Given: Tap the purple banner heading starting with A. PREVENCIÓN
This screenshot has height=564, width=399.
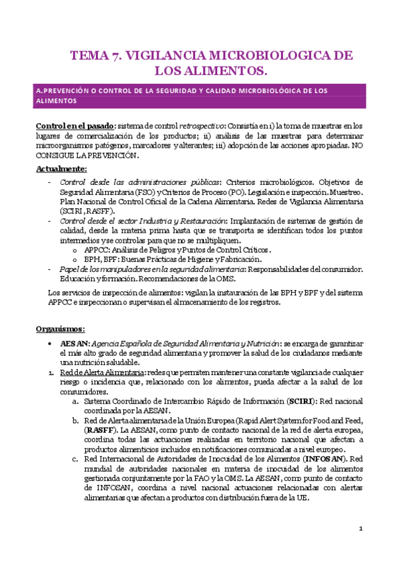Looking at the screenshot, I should [199, 95].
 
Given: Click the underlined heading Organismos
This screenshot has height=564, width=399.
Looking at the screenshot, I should [60, 329].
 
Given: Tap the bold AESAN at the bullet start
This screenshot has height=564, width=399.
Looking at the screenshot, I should [71, 343].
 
